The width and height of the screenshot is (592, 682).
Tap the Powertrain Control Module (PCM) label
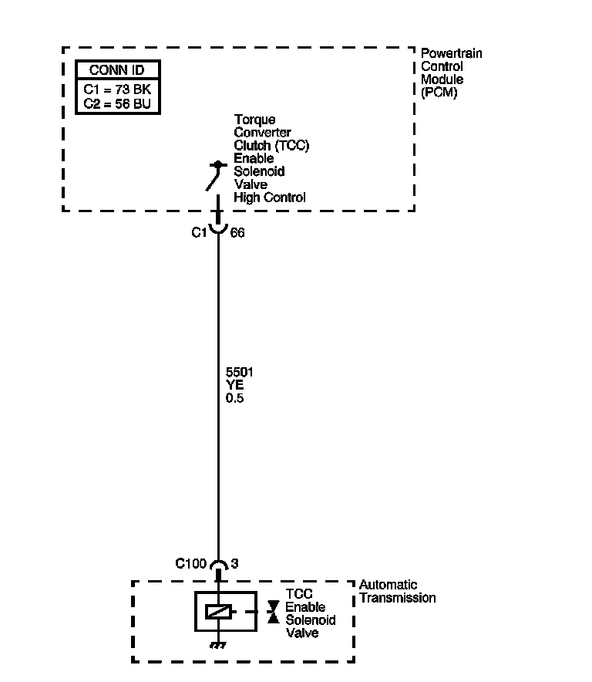click(451, 73)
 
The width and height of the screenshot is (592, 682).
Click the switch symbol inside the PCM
click(214, 176)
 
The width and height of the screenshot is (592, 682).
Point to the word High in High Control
click(247, 198)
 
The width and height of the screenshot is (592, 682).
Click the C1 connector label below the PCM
click(198, 231)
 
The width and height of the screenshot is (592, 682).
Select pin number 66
click(237, 231)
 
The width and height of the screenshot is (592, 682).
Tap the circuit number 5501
click(239, 373)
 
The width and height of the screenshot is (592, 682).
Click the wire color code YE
click(234, 386)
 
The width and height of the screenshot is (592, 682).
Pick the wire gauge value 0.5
click(234, 399)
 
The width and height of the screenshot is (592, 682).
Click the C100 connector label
click(191, 564)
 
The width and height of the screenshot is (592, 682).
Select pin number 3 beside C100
click(234, 564)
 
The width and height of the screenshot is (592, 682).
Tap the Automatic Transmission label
click(397, 592)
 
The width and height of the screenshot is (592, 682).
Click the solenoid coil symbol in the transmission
click(218, 613)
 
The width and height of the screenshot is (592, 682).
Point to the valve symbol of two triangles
click(272, 612)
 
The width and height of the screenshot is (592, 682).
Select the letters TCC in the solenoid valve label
click(299, 594)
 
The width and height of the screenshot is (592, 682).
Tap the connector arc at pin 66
click(218, 229)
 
